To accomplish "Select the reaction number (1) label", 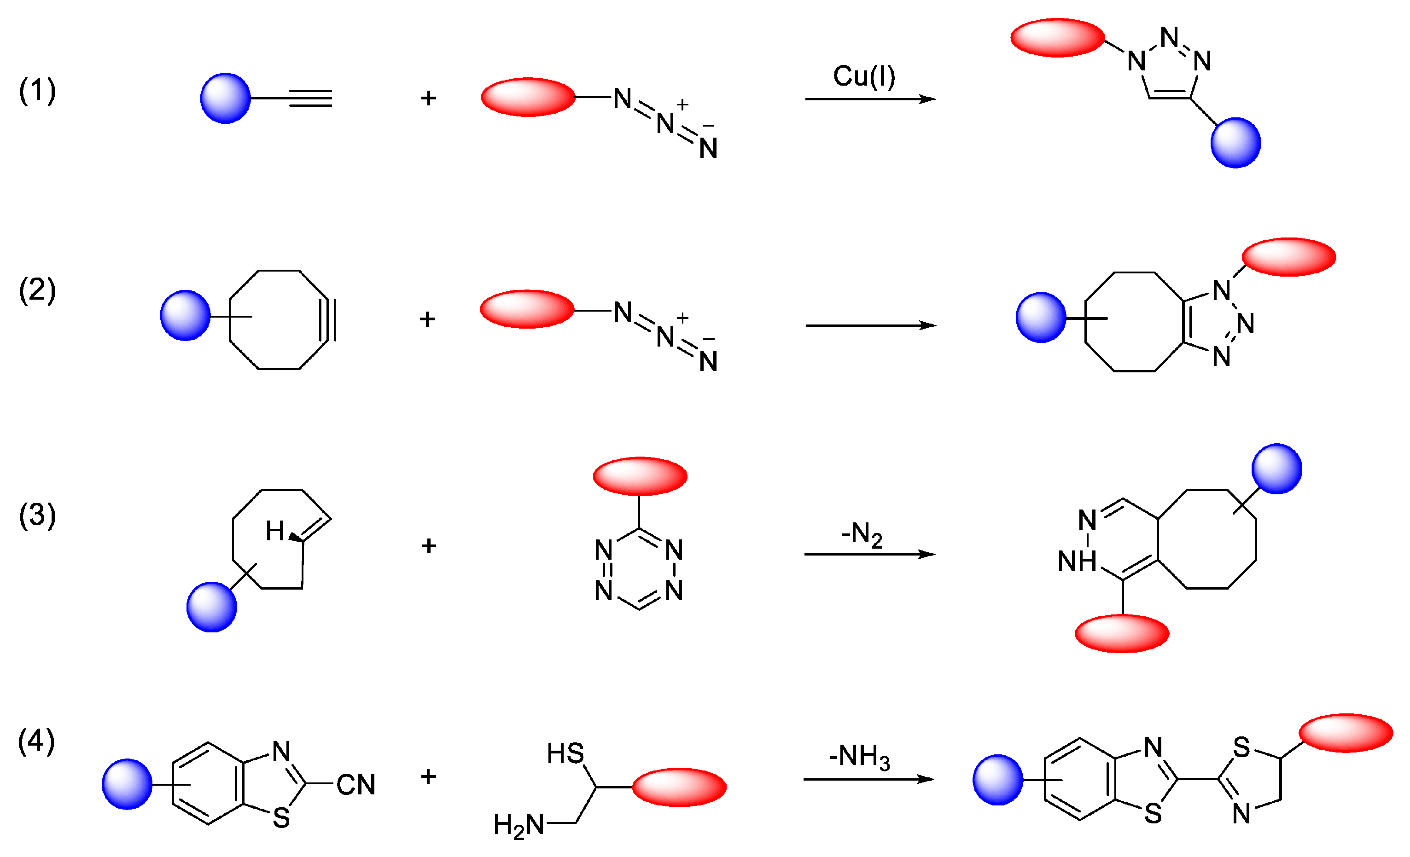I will [x=37, y=90].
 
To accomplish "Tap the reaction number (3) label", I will [x=37, y=515].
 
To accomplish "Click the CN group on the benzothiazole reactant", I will [x=355, y=785].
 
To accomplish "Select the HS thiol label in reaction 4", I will [x=565, y=753].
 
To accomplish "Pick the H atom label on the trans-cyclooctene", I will [x=274, y=532].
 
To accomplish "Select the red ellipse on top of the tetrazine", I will [x=640, y=476].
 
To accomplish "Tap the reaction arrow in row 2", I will [x=870, y=325].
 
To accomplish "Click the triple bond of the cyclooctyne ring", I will [x=330, y=320].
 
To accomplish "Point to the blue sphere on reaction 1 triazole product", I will [x=1235, y=143].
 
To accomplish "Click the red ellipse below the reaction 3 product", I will [x=1122, y=633].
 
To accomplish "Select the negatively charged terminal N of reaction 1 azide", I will [x=708, y=149].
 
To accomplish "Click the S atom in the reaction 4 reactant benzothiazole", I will [x=281, y=818].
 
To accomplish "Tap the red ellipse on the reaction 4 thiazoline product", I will [x=1346, y=733].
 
